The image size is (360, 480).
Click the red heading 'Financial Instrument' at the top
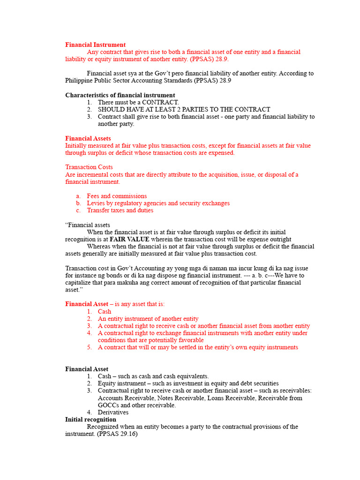click(95, 45)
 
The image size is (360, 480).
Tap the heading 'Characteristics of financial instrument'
click(120, 95)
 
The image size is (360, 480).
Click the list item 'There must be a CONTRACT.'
click(138, 102)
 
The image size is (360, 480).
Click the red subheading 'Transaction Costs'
click(89, 167)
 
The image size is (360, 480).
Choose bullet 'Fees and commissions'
click(117, 196)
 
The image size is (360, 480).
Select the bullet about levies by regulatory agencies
click(158, 203)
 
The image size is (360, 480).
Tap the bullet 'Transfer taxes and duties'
click(120, 210)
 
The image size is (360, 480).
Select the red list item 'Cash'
click(105, 311)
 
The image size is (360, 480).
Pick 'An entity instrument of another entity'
click(148, 318)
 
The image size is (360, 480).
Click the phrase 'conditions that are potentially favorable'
click(150, 340)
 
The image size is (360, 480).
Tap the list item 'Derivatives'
click(113, 412)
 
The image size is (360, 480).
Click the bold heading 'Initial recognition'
click(90, 420)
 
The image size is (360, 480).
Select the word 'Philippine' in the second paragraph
click(80, 81)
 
